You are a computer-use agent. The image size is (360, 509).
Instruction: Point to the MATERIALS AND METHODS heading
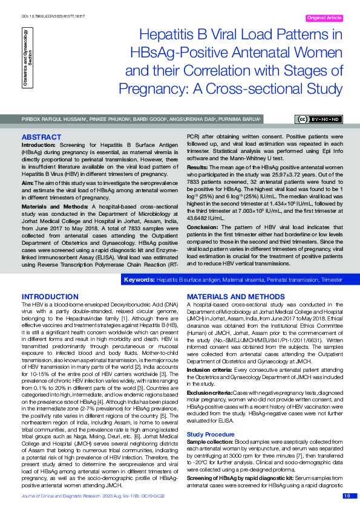pyautogui.click(x=235, y=296)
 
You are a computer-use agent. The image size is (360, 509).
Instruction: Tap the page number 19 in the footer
pyautogui.click(x=347, y=496)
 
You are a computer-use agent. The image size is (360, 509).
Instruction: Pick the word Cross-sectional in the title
pyautogui.click(x=268, y=89)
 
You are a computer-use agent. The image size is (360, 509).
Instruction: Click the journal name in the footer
pyautogui.click(x=67, y=496)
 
